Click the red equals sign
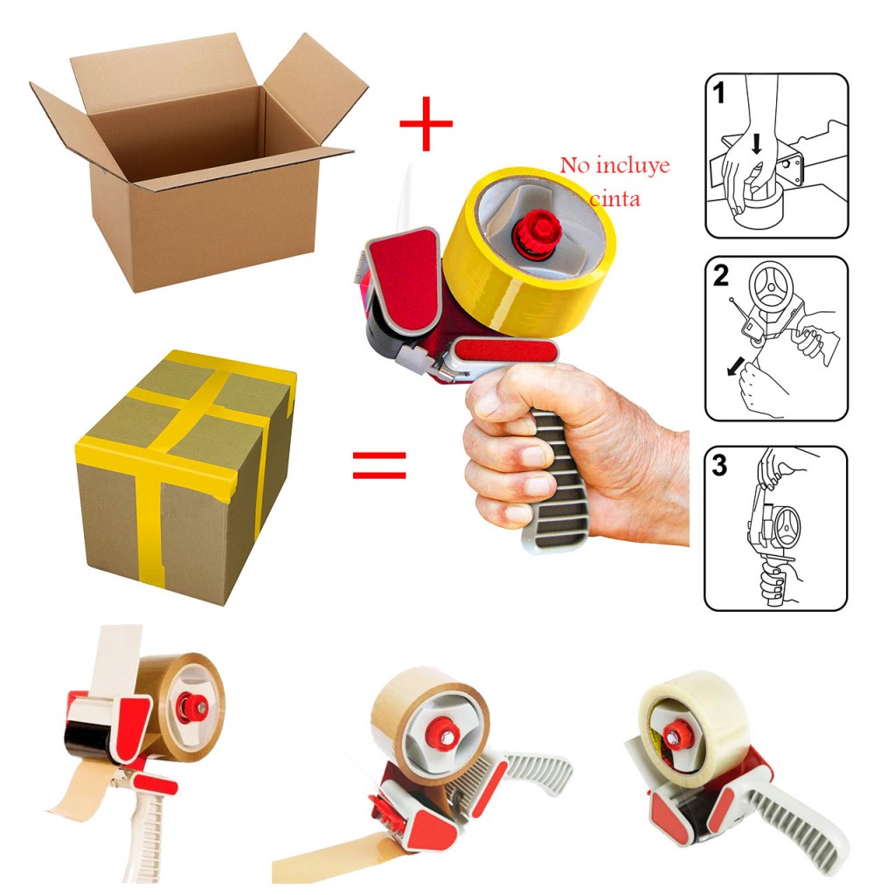pos(379,465)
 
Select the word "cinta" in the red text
pos(614,199)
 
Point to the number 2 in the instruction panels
pos(721,277)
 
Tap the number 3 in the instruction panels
pos(720,465)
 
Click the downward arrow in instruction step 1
pos(756,144)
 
